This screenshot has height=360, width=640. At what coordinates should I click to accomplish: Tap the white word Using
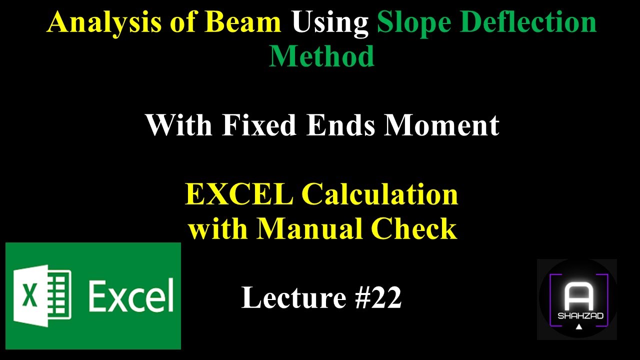pyautogui.click(x=330, y=23)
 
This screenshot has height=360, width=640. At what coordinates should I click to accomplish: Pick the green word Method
pyautogui.click(x=321, y=56)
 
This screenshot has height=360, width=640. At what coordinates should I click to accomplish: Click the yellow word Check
pyautogui.click(x=419, y=229)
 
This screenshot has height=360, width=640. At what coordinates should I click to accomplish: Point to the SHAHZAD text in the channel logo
pyautogui.click(x=578, y=316)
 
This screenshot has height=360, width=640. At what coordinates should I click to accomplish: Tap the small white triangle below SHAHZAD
pyautogui.click(x=578, y=327)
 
